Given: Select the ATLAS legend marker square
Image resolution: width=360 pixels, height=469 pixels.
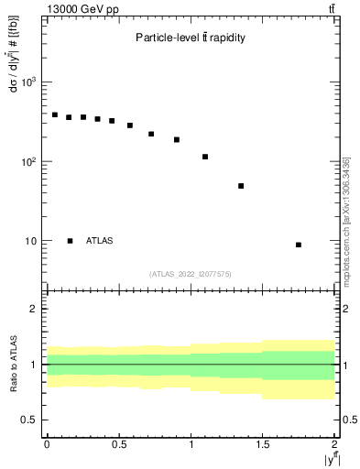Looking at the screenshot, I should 70,241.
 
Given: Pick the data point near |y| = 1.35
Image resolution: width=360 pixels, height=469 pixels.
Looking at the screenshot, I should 241,186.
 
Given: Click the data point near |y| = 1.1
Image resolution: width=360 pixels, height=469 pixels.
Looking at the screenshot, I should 205,157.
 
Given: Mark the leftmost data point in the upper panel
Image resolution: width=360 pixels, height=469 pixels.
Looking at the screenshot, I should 54,115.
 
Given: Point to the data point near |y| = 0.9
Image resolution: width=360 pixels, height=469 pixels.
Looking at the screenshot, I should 177,140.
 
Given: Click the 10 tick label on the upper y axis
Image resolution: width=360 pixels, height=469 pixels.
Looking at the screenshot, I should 31,241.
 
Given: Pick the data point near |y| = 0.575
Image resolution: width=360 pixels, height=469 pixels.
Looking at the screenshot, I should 130,125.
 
